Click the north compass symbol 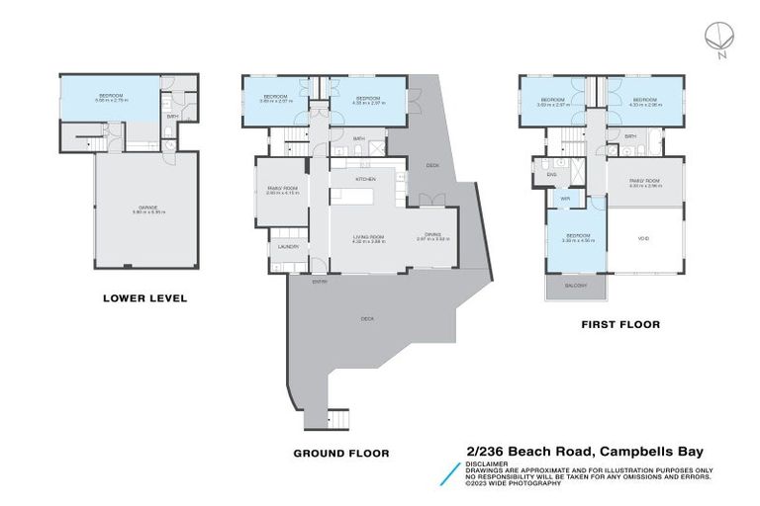pyautogui.click(x=719, y=38)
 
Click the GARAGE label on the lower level pyautogui.click(x=145, y=209)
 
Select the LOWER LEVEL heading pyautogui.click(x=145, y=297)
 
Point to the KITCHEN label pyautogui.click(x=364, y=178)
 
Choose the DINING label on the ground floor pyautogui.click(x=432, y=235)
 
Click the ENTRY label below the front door pyautogui.click(x=320, y=282)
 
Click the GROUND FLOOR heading pyautogui.click(x=340, y=453)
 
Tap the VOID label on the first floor pyautogui.click(x=644, y=237)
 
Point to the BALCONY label pyautogui.click(x=576, y=286)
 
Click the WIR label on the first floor pyautogui.click(x=565, y=199)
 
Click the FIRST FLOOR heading pyautogui.click(x=620, y=323)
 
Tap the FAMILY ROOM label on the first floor pyautogui.click(x=643, y=182)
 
